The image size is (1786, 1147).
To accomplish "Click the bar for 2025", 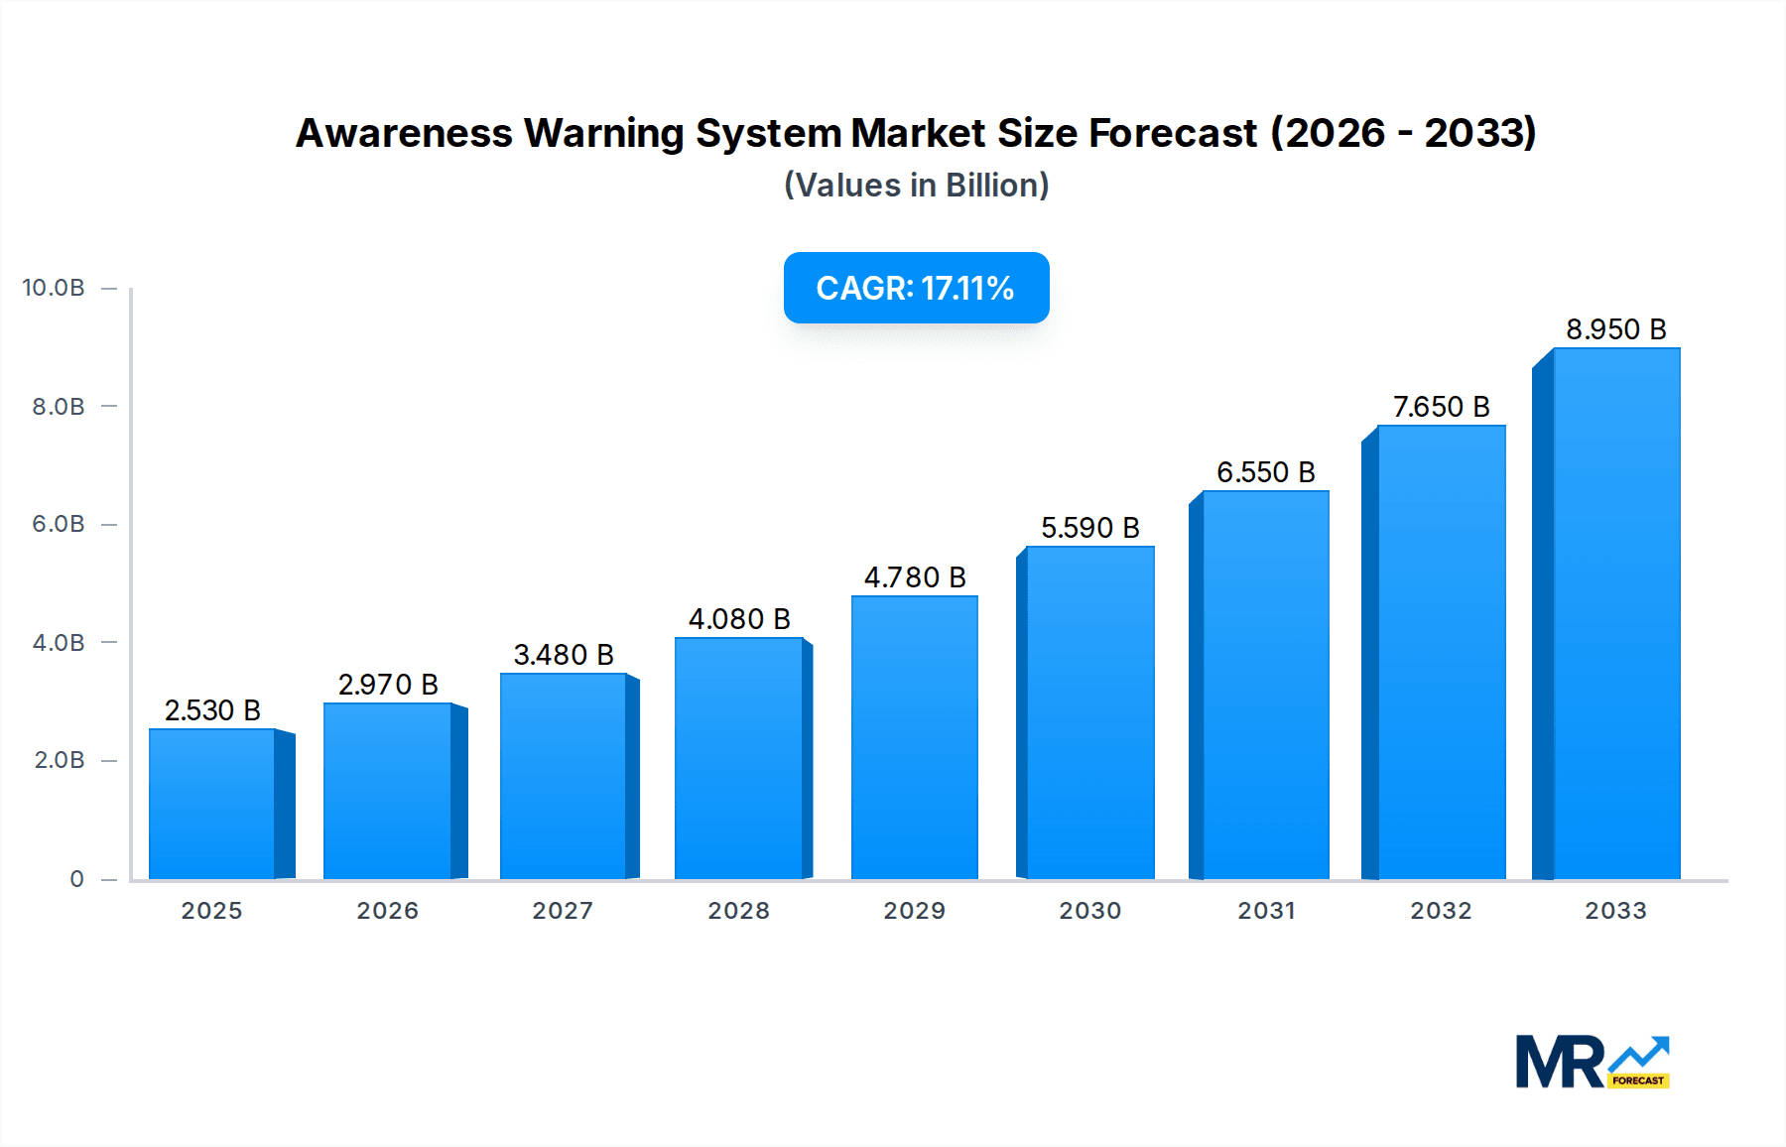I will point(212,804).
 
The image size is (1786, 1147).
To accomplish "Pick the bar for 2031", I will point(1265,685).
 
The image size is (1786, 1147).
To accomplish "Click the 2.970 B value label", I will point(388,685).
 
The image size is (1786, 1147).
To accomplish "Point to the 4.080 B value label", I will point(739,619).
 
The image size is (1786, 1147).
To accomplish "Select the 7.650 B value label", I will point(1441,407).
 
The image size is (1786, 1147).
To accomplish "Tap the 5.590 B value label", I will point(1089,528).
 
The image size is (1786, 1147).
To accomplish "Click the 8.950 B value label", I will point(1615,329).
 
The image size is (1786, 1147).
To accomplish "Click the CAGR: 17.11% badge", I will point(916,288).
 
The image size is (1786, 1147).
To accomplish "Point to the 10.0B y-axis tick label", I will point(54,288).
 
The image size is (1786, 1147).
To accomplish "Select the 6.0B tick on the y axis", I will point(59,524).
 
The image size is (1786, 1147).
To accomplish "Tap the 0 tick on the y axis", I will point(76,879).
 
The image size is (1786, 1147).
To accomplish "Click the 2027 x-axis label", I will point(563,911).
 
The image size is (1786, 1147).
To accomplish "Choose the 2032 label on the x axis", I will point(1441,911).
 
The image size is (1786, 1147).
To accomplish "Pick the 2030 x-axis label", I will point(1089,911).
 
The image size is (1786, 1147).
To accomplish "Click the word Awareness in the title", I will point(404,133).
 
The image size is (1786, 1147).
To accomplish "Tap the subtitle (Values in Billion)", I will point(916,186).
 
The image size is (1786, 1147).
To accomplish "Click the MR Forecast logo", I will point(1592,1062).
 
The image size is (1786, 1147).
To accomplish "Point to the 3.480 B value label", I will point(564,655).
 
